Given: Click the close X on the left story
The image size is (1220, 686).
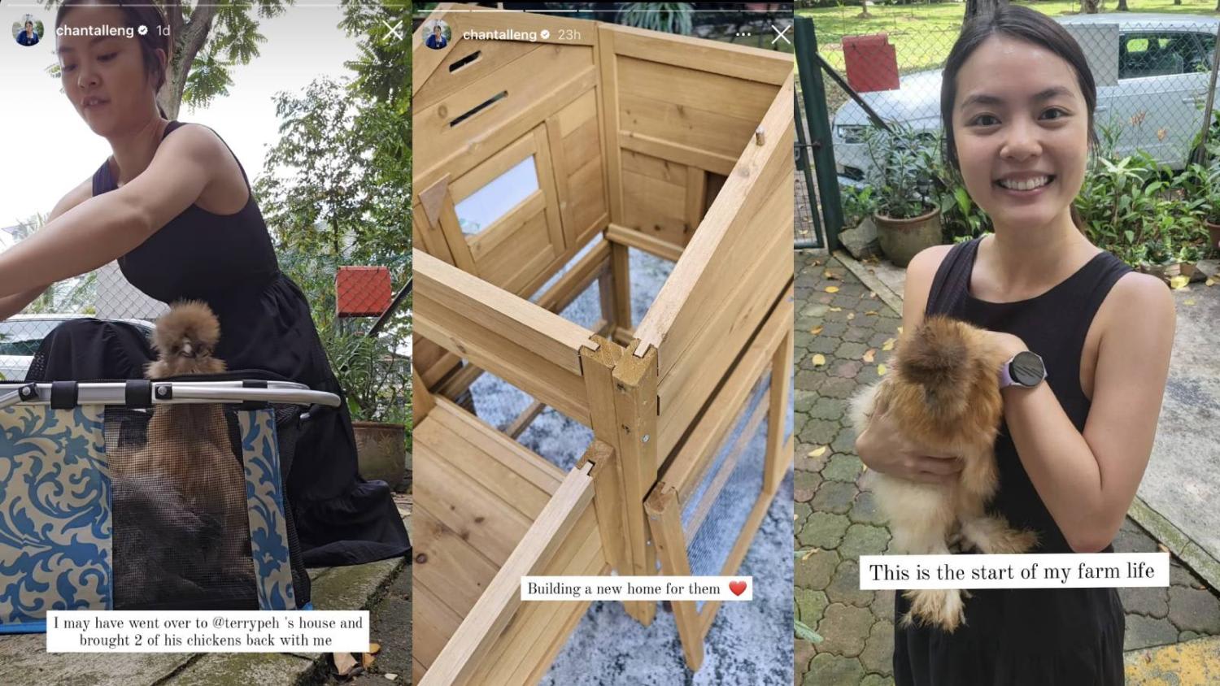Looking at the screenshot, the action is (392, 31).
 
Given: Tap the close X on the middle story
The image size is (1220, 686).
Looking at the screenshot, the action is (781, 35).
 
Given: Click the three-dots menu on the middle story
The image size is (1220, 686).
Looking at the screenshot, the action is (743, 35).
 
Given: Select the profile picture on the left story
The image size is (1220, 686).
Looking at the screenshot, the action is (28, 31).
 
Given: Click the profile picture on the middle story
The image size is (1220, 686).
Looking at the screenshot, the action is (436, 35).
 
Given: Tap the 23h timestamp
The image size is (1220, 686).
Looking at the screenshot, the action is (569, 35).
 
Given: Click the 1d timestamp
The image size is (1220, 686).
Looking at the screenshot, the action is (163, 31).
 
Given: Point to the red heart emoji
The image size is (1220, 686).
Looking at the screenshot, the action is (738, 588).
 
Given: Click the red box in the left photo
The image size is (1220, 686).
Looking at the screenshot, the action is (364, 291).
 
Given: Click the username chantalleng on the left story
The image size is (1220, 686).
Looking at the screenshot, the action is (95, 31).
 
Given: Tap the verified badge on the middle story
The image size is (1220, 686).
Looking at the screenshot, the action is (545, 35).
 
